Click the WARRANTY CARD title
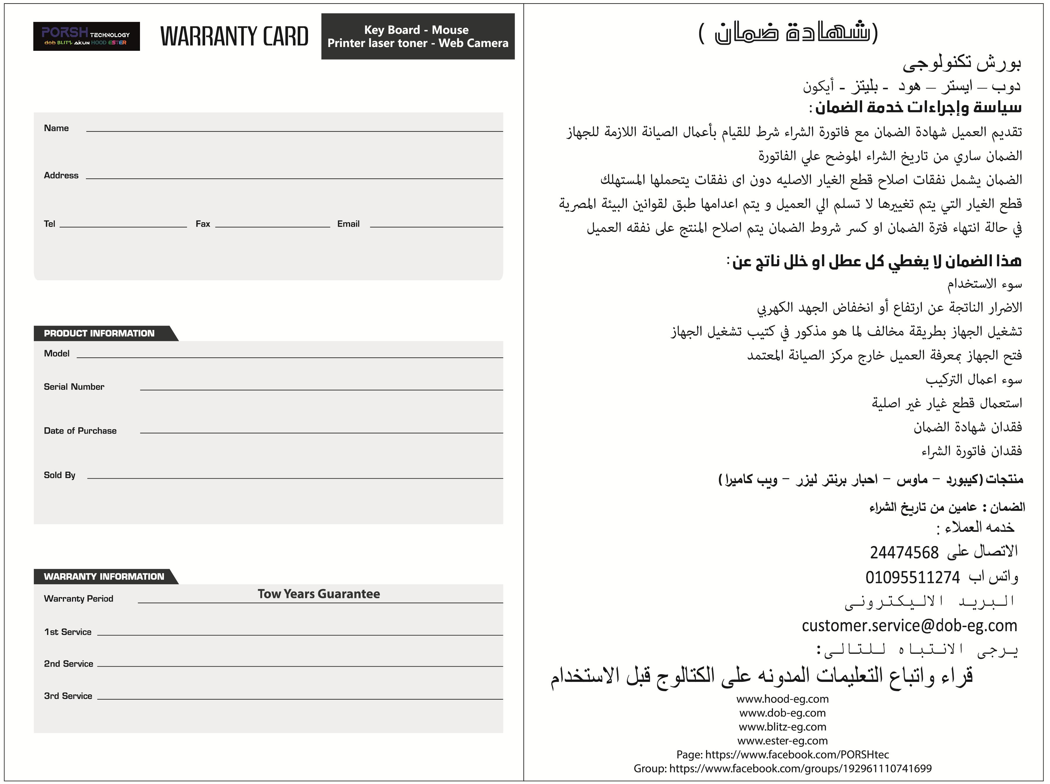[x=234, y=36]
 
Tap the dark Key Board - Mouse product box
[x=418, y=36]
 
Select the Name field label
[x=56, y=128]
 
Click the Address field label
[x=61, y=175]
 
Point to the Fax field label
[x=203, y=224]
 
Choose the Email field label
[x=348, y=224]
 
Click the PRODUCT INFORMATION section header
[x=99, y=333]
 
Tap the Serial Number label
[x=74, y=387]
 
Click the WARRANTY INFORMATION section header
[x=104, y=577]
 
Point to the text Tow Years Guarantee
[x=319, y=594]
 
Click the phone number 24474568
[x=904, y=552]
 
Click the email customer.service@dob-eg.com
[x=909, y=625]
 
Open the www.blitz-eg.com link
[x=782, y=726]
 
